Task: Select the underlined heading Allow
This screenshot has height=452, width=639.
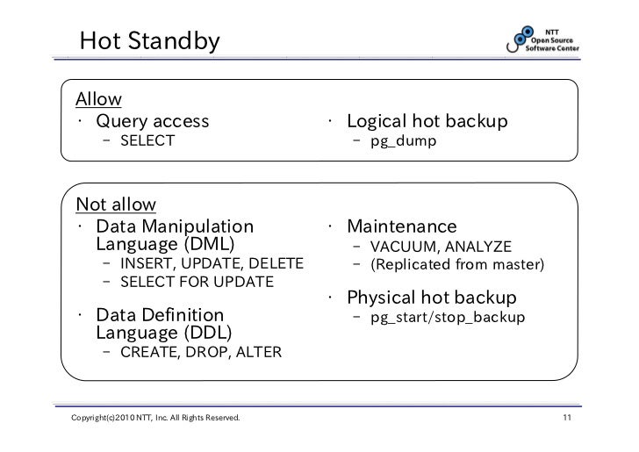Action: [x=98, y=98]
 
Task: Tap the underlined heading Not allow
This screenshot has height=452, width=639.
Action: [x=116, y=205]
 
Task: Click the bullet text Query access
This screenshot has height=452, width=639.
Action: [x=153, y=120]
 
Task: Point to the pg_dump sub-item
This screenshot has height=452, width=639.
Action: [x=403, y=141]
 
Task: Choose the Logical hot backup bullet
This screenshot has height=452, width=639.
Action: [x=427, y=120]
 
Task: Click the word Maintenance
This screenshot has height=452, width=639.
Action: [x=401, y=226]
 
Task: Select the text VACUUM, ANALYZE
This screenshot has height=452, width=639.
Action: [x=441, y=247]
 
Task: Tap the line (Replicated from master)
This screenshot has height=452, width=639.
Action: [x=457, y=264]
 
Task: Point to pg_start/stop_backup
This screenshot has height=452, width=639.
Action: [x=448, y=317]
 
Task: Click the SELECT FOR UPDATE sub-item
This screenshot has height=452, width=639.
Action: [x=197, y=282]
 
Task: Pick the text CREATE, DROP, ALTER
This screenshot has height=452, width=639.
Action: [x=201, y=353]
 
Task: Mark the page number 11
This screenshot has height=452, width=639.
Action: [x=566, y=427]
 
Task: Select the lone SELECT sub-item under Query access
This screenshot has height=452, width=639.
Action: [x=147, y=141]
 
